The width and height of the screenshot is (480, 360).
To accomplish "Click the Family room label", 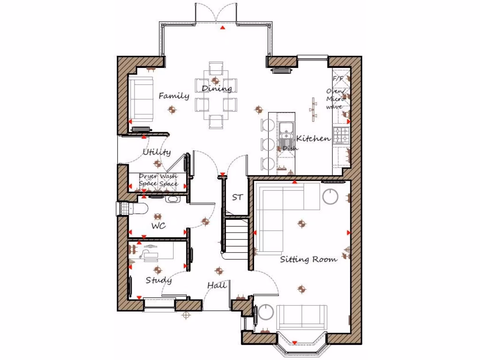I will coord(173,96).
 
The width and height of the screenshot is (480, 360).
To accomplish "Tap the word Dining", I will coord(217,89).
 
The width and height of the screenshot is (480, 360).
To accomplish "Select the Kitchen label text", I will coord(313,139).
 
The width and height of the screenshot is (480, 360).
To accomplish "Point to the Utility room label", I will coord(157,152).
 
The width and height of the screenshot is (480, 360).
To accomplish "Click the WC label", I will coord(158,226).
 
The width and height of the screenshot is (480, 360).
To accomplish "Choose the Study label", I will coord(158,280).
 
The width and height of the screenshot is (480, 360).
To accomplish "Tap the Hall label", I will coord(217,285).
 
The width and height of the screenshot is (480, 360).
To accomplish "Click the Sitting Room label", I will coord(308,259).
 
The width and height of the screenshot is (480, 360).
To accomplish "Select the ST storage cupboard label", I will coord(237,197).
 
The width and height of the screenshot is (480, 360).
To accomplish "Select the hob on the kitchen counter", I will coord(341,135).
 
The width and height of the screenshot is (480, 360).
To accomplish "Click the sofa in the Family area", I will coord(141,99).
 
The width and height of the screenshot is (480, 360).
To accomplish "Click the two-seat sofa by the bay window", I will coord(302,317).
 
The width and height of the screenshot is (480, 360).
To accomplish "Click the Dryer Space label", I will coord(148,180).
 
